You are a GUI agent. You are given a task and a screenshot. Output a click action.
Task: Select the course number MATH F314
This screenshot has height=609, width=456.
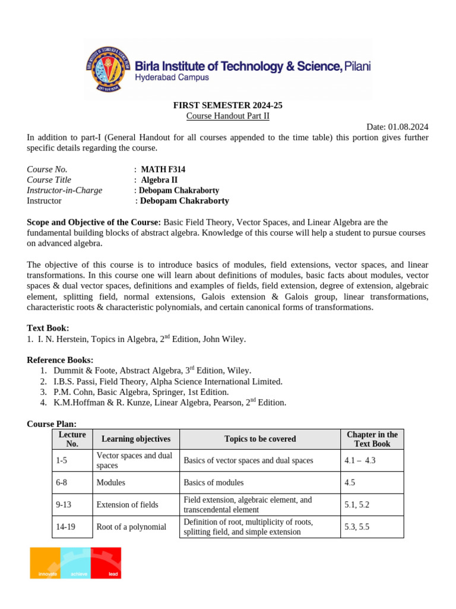point(163,169)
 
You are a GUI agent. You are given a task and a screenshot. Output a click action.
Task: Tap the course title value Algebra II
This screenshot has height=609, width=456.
point(159,180)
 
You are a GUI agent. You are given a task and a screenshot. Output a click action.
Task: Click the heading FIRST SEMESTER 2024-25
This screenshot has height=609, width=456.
point(228,105)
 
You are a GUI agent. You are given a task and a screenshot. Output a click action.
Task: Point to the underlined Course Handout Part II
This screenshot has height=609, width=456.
point(228,116)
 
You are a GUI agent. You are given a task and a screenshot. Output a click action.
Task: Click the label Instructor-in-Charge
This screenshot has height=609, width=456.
point(65,190)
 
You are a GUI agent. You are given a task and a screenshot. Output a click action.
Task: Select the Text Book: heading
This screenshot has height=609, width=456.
point(48,328)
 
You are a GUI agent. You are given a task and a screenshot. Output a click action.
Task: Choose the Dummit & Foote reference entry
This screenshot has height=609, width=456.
point(152,371)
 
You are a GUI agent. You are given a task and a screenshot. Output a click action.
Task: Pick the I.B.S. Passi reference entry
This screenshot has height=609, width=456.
point(168,381)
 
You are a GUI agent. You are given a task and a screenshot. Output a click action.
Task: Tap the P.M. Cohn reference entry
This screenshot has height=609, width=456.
point(141,392)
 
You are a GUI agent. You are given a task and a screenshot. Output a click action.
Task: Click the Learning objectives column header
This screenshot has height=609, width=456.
point(136,439)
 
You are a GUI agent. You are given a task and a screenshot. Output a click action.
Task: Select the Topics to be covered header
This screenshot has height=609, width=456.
point(260,439)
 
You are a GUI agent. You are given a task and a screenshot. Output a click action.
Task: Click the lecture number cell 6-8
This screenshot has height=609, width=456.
point(62,482)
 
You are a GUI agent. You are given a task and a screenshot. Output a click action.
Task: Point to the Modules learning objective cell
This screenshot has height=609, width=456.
point(111,482)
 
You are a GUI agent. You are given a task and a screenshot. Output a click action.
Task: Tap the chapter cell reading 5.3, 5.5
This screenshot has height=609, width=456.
point(357,527)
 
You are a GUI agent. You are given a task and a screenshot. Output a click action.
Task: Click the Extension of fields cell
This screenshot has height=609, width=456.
point(128,505)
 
